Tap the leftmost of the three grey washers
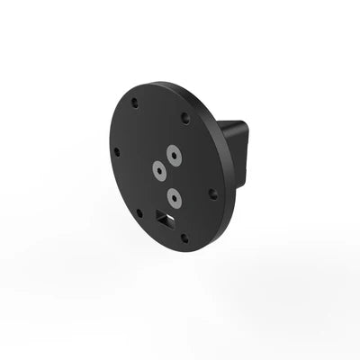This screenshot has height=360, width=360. pyautogui.click(x=158, y=168)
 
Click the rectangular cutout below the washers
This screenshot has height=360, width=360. pyautogui.click(x=163, y=217)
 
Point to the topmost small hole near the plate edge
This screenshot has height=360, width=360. pyautogui.click(x=135, y=102)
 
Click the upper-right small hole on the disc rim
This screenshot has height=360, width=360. pyautogui.click(x=185, y=117)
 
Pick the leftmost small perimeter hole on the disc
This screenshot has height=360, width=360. pyautogui.click(x=116, y=151)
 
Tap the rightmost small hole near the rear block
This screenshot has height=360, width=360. pyautogui.click(x=213, y=193)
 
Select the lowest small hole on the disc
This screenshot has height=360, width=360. pyautogui.click(x=184, y=238)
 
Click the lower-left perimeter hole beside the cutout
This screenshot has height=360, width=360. pyautogui.click(x=139, y=213)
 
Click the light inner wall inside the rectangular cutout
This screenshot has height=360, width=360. pyautogui.click(x=166, y=219)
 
